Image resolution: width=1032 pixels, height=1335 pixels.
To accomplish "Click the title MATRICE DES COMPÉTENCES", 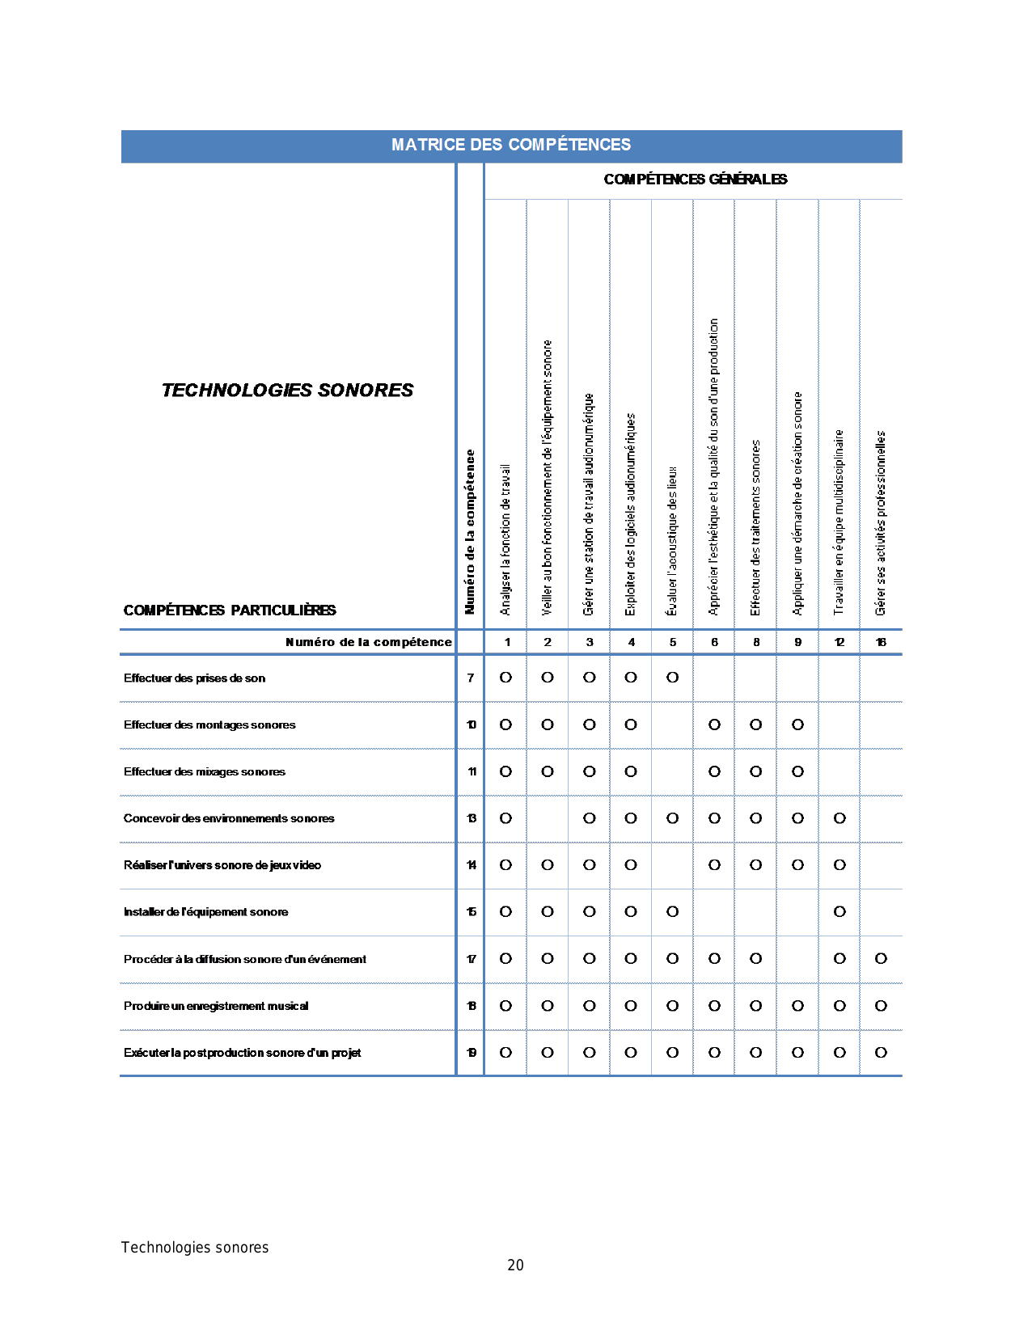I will pos(510,145).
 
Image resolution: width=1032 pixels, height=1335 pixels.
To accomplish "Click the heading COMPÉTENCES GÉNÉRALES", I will pos(695,180).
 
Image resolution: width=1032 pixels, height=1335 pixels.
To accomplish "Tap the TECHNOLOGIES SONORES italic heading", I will pos(287,391).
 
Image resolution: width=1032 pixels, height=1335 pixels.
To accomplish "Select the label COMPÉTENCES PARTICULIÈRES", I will pos(229,610).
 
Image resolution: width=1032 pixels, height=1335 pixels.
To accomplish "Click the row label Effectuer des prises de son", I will pos(194,678).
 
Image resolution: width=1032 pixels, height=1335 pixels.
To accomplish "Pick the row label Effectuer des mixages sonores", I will pos(204,772).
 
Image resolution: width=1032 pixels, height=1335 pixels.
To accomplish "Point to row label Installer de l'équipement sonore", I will pos(205,912).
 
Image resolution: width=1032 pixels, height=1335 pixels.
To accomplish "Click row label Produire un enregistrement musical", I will pos(215,1006).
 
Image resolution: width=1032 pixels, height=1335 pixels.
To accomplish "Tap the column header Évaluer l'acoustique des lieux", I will pos(672,540).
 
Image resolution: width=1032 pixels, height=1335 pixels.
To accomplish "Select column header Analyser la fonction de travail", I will pos(505,539).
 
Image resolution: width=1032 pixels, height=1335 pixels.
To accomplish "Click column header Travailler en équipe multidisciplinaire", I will pos(840,522).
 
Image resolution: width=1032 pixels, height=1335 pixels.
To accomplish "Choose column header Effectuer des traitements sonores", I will pos(756,527).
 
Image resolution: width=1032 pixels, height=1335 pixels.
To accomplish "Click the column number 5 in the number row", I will pos(673,642).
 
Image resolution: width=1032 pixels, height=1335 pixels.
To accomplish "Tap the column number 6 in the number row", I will pos(714,642).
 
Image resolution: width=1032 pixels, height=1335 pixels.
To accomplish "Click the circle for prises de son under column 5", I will pos(673,678).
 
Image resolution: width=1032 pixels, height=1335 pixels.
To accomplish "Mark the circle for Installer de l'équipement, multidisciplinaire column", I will pos(840,912).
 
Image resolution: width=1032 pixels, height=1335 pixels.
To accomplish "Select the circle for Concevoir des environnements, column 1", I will pos(505,818).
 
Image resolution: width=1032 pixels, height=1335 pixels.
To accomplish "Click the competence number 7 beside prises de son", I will pos(471,678).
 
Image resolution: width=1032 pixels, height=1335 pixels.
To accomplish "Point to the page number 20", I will pos(515,1265).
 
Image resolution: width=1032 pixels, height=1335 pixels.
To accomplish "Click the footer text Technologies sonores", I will pos(195,1248).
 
